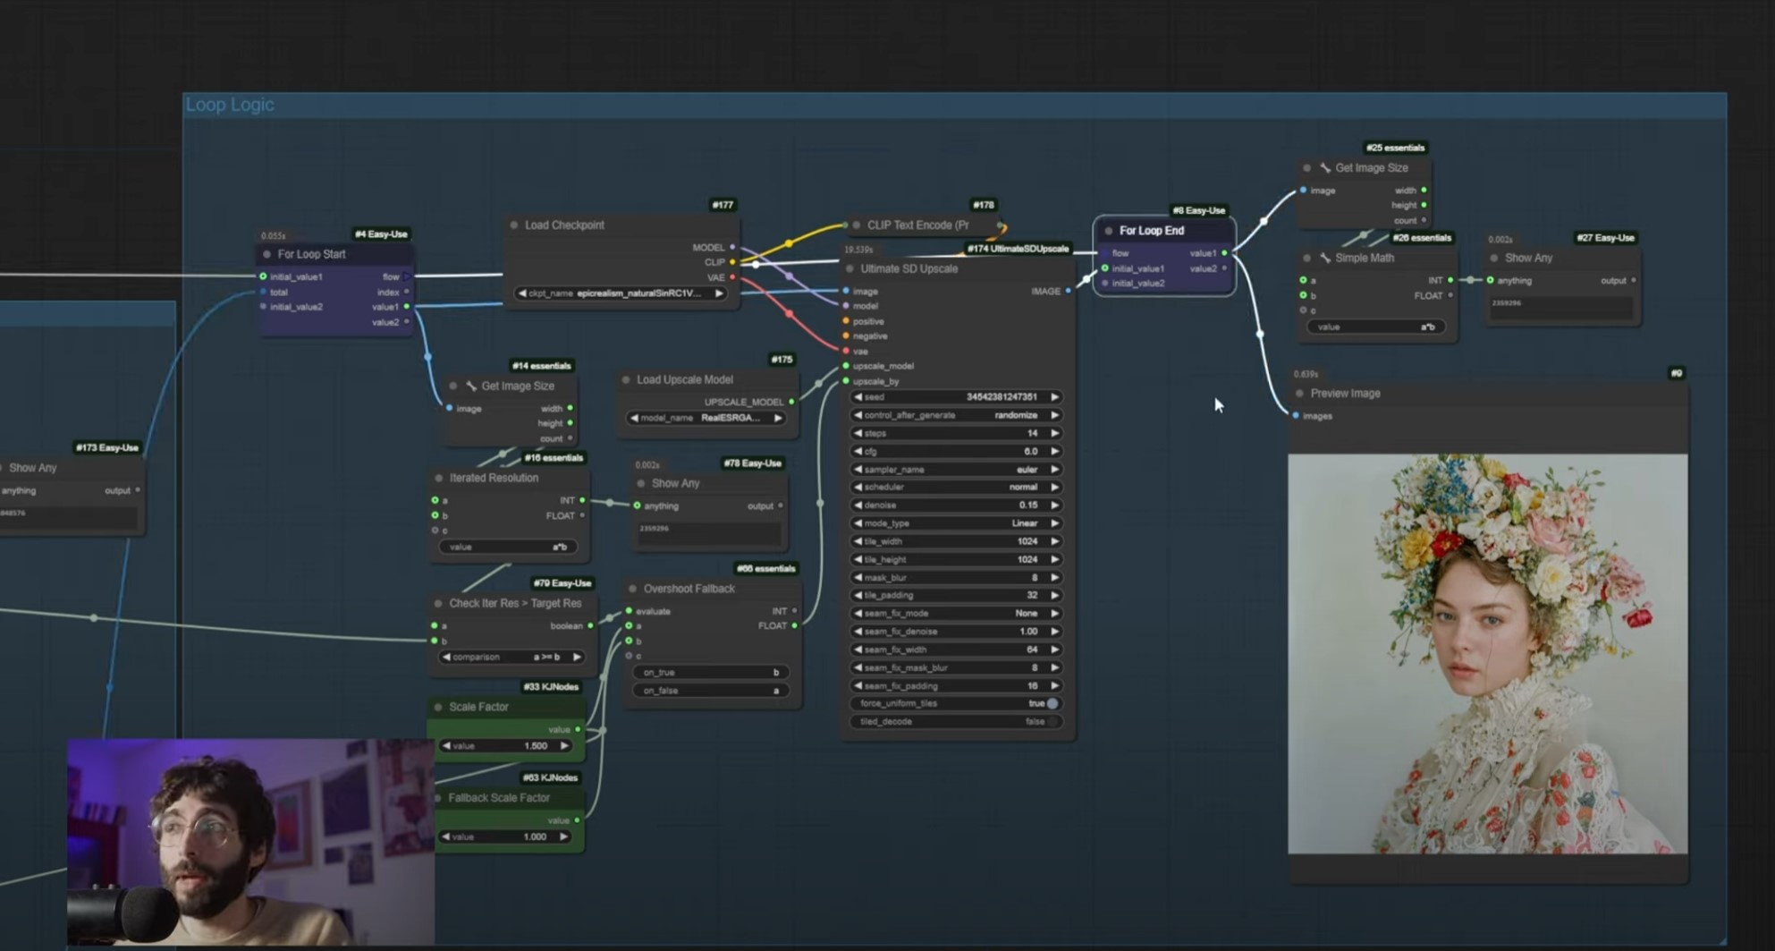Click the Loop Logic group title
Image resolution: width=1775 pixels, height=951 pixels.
pyautogui.click(x=230, y=105)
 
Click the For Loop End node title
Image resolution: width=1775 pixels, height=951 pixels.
pyautogui.click(x=1151, y=231)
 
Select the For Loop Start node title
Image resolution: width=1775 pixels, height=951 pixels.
pyautogui.click(x=311, y=254)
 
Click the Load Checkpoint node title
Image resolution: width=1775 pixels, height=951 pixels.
pyautogui.click(x=564, y=225)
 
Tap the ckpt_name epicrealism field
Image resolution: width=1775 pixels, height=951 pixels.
pyautogui.click(x=621, y=293)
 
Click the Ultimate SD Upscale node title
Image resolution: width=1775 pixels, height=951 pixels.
pyautogui.click(x=909, y=269)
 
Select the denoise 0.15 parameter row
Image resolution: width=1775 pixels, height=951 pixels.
pyautogui.click(x=955, y=505)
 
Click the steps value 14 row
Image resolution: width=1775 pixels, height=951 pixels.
pyautogui.click(x=955, y=433)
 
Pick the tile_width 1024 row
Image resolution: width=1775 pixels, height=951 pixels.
pyautogui.click(x=955, y=541)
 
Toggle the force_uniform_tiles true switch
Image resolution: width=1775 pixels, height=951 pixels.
pyautogui.click(x=1052, y=704)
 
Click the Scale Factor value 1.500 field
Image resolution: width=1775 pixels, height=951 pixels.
pyautogui.click(x=505, y=746)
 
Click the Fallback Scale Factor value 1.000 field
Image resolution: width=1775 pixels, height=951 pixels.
pyautogui.click(x=505, y=837)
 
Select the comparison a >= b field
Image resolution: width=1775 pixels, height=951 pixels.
pyautogui.click(x=511, y=658)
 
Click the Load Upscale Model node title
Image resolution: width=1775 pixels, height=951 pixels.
pyautogui.click(x=684, y=380)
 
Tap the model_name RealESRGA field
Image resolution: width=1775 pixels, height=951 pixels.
pyautogui.click(x=706, y=419)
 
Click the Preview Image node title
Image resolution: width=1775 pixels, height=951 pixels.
pyautogui.click(x=1345, y=394)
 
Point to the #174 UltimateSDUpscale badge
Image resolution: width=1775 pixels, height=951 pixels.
pyautogui.click(x=1018, y=249)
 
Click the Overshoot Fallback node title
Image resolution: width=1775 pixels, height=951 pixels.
pyautogui.click(x=689, y=590)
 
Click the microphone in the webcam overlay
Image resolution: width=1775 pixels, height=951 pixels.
pyautogui.click(x=125, y=913)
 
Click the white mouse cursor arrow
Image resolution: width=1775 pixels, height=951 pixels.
pyautogui.click(x=1218, y=404)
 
